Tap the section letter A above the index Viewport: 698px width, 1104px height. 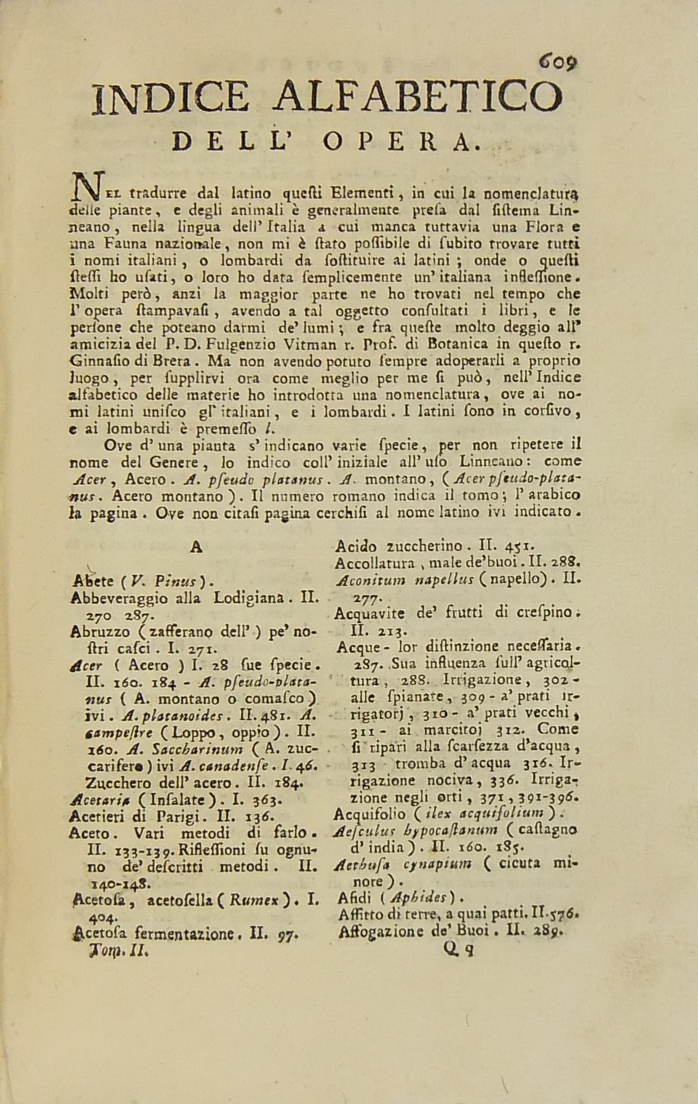click(x=196, y=547)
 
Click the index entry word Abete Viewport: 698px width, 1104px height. click(x=92, y=582)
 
